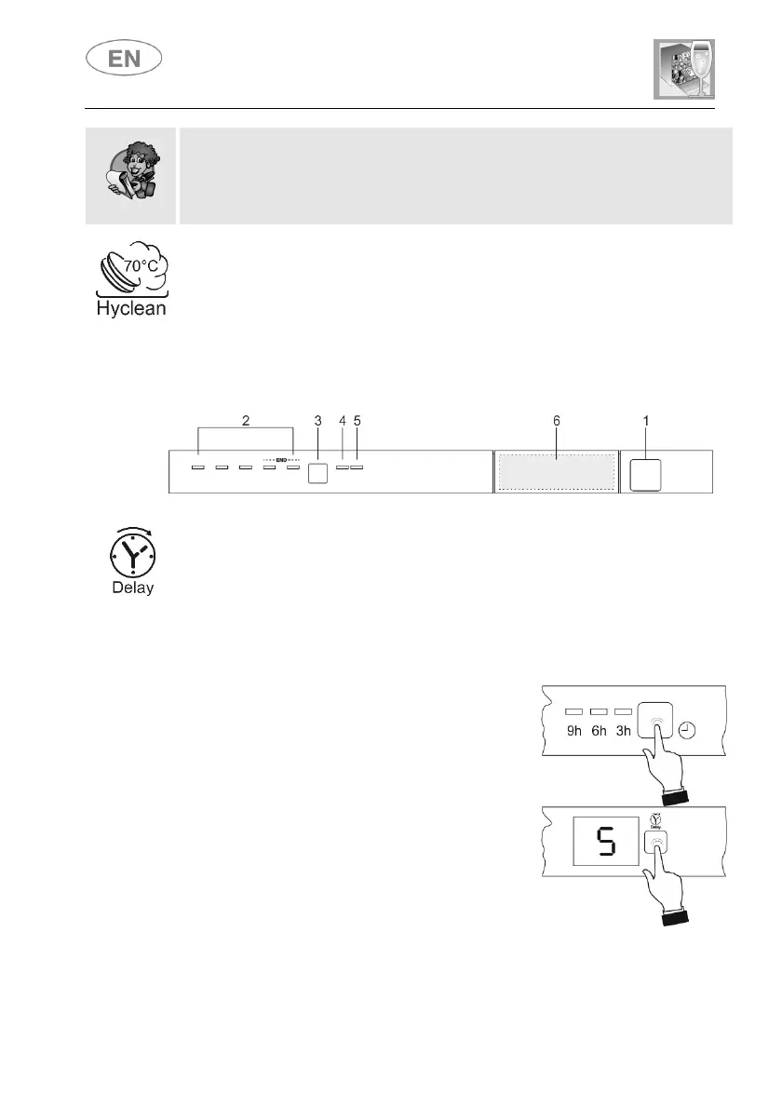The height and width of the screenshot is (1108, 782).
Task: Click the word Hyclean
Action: click(131, 308)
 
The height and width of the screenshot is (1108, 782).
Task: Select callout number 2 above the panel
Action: click(246, 421)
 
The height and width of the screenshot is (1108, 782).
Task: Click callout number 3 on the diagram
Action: click(317, 421)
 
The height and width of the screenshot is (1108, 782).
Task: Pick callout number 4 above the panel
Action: click(343, 421)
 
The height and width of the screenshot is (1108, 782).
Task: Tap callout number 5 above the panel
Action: click(357, 421)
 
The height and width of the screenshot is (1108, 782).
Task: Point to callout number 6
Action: click(557, 421)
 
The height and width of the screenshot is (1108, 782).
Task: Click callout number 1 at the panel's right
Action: click(646, 421)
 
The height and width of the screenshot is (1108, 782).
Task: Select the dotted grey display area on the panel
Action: click(557, 471)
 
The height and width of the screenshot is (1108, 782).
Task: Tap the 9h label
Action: click(574, 730)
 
